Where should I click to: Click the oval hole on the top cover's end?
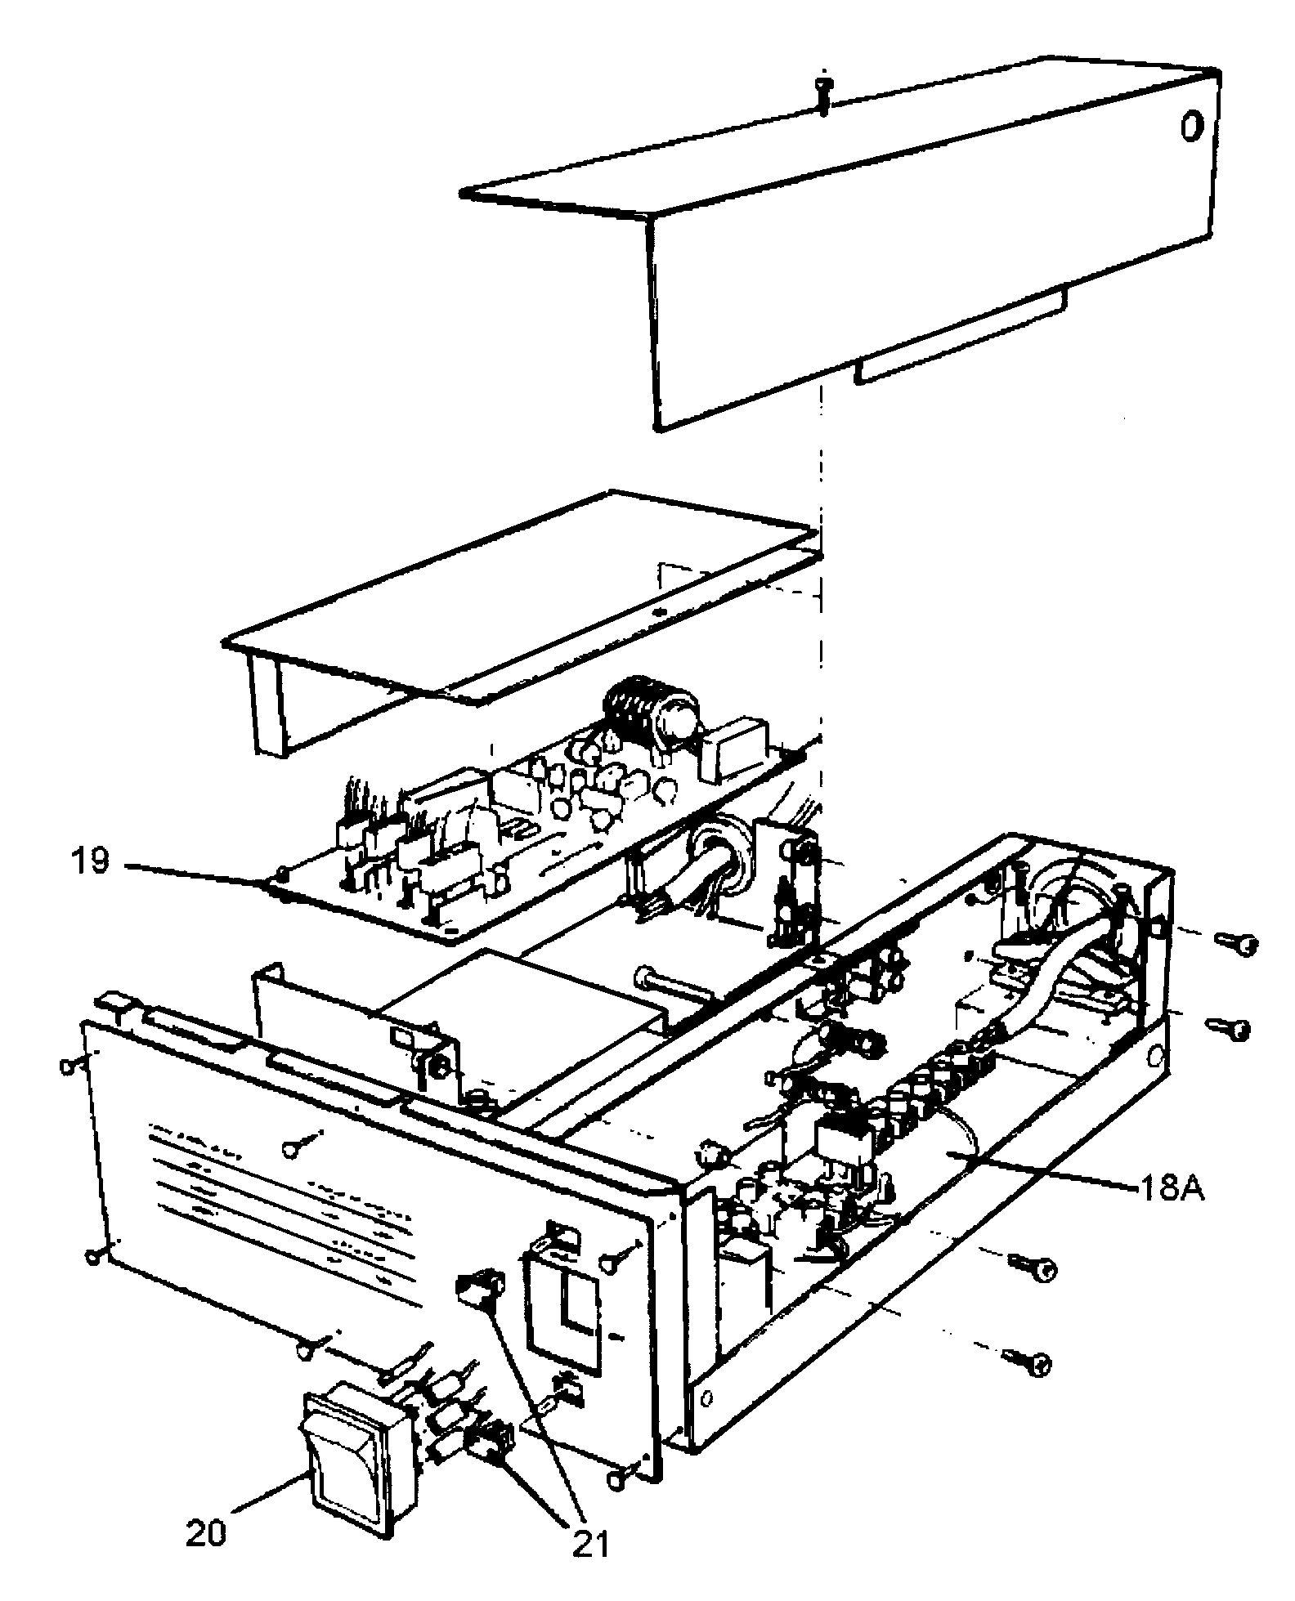(x=1192, y=127)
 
